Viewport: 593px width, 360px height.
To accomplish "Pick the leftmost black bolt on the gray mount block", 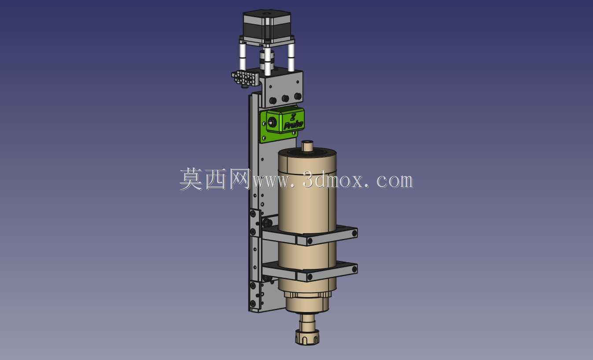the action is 273,101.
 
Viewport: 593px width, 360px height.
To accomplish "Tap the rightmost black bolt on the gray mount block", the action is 298,96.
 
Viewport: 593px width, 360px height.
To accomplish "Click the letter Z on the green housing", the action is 293,117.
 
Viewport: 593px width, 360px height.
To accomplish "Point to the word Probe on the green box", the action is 293,125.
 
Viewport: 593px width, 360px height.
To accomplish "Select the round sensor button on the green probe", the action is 271,122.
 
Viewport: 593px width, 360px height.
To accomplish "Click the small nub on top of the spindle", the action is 308,146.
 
